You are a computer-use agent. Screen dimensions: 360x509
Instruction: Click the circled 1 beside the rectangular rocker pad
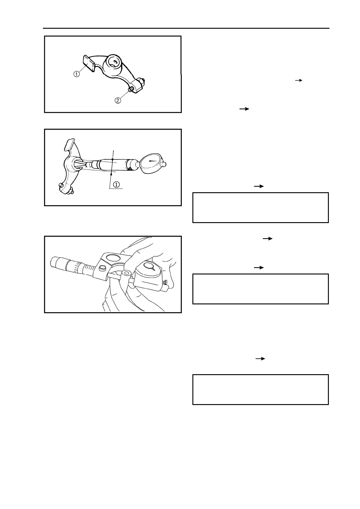point(77,74)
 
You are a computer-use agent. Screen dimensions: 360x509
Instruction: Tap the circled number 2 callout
point(118,100)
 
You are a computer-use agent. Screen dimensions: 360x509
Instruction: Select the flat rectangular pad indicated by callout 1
point(89,63)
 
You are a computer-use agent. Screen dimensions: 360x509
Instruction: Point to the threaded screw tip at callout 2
point(130,89)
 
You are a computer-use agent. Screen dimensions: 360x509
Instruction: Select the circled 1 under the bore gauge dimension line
point(116,184)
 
